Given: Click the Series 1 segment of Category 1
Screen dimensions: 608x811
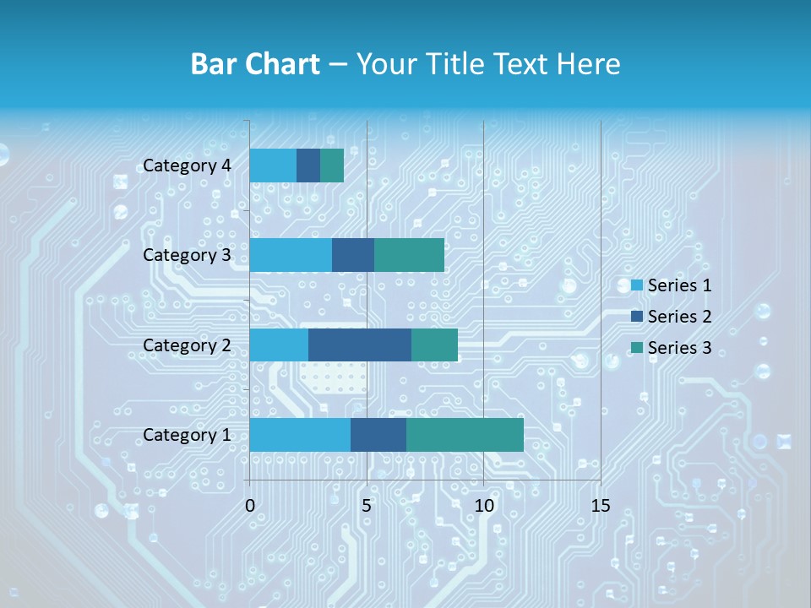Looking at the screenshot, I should (300, 435).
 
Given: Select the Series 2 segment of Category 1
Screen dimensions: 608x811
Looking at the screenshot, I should (378, 435).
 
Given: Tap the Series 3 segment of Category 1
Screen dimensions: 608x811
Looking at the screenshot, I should (465, 435).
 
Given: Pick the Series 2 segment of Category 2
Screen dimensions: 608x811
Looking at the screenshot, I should (360, 345).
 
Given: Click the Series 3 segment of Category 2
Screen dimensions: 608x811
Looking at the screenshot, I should (434, 345).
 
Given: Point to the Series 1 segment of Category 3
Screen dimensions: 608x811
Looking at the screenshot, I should (291, 255).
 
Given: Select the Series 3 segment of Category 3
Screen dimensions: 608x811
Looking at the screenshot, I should (409, 255).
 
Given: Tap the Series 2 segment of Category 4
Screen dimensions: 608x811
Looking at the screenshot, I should (308, 166).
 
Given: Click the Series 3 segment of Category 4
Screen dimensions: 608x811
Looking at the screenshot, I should (332, 166).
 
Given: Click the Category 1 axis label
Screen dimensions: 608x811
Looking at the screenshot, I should (187, 435).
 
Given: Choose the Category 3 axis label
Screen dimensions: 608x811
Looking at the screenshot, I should (187, 255).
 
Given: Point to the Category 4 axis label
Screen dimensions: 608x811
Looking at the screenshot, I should (187, 166).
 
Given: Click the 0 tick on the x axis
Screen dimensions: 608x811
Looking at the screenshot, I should (250, 506).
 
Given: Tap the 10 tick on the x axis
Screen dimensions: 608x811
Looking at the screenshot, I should (483, 506).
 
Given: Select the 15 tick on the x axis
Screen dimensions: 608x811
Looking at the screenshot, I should (600, 506).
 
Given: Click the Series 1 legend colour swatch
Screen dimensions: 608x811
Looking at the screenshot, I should (637, 285).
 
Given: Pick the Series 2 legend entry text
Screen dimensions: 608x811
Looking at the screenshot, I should (679, 317).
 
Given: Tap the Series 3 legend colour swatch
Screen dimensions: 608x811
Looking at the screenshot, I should (637, 348).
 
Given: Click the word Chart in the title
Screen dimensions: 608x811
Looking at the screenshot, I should (287, 64).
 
